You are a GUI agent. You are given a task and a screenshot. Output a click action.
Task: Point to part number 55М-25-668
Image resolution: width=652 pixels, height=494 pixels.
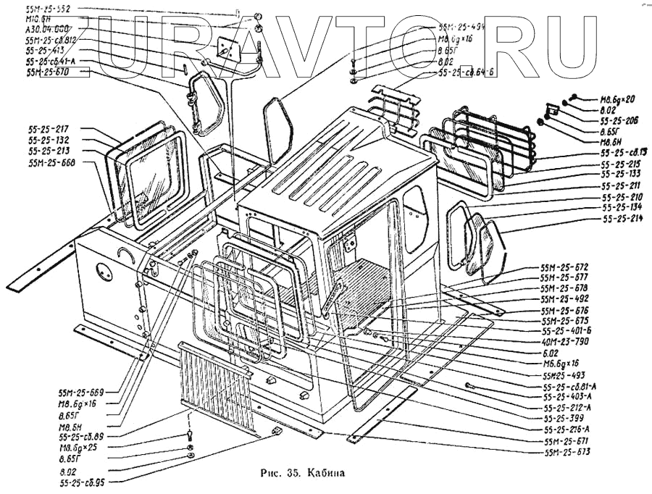(x=51, y=163)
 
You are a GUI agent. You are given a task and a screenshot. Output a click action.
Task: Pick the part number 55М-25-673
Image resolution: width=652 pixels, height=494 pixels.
(x=568, y=452)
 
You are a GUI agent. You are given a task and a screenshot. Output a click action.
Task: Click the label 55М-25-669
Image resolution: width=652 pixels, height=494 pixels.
(x=82, y=392)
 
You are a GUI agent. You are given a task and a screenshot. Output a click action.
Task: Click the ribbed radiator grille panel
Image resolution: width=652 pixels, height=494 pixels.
(x=216, y=388)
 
